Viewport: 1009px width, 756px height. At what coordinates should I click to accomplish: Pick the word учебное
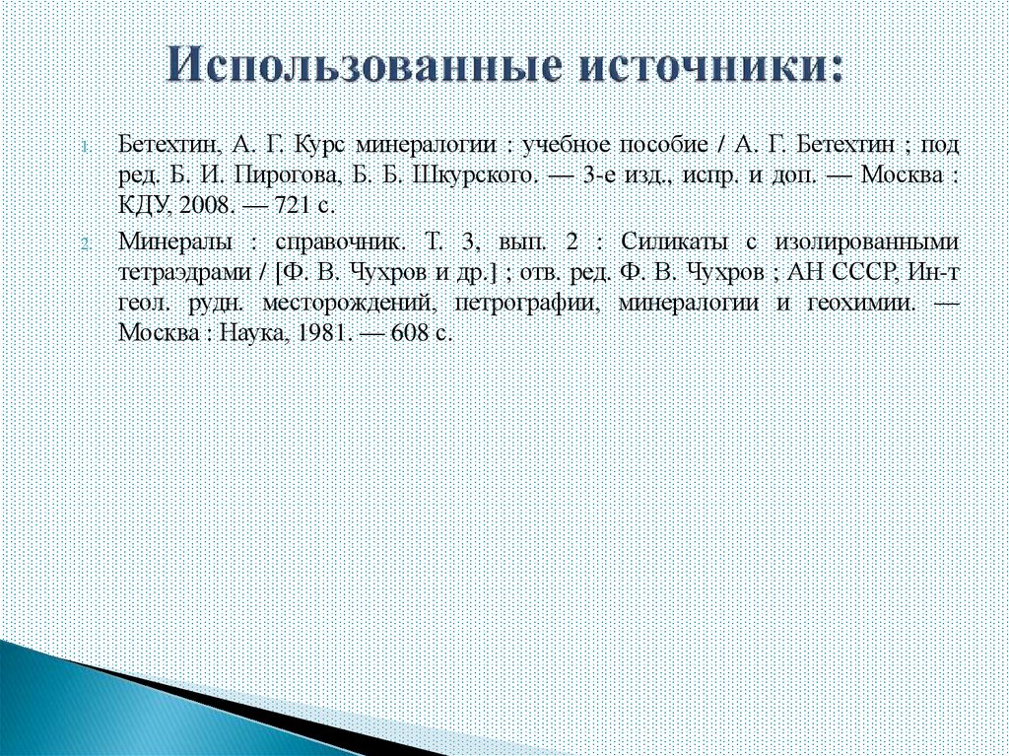click(x=568, y=144)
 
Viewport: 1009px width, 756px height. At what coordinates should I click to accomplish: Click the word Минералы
click(x=176, y=241)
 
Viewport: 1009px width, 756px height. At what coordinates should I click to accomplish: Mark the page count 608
click(x=408, y=333)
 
